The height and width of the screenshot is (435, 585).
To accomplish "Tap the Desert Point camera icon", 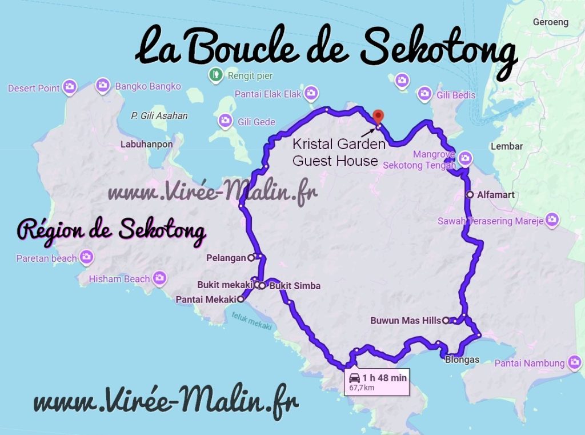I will [x=70, y=87].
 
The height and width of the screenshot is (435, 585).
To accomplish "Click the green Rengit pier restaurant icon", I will [x=215, y=74].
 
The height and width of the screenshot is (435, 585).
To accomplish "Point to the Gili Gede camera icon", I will [x=226, y=120].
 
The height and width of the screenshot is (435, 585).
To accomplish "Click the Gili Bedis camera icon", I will [x=424, y=93].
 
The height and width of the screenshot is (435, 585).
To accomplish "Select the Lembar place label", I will [x=507, y=146].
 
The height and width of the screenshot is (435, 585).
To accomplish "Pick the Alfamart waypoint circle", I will [x=470, y=195].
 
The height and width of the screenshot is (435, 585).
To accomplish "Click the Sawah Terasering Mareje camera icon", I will [x=551, y=219].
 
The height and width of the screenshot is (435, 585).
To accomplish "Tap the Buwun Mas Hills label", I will [x=406, y=321].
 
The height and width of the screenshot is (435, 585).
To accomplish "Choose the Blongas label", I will [x=462, y=360].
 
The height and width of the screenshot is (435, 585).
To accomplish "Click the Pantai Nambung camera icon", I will [x=574, y=362].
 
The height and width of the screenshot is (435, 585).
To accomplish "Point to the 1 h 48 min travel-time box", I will [x=377, y=381].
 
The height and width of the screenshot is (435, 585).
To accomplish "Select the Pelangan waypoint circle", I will [x=251, y=258].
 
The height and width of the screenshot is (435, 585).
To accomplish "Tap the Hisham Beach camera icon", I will [x=159, y=278].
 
